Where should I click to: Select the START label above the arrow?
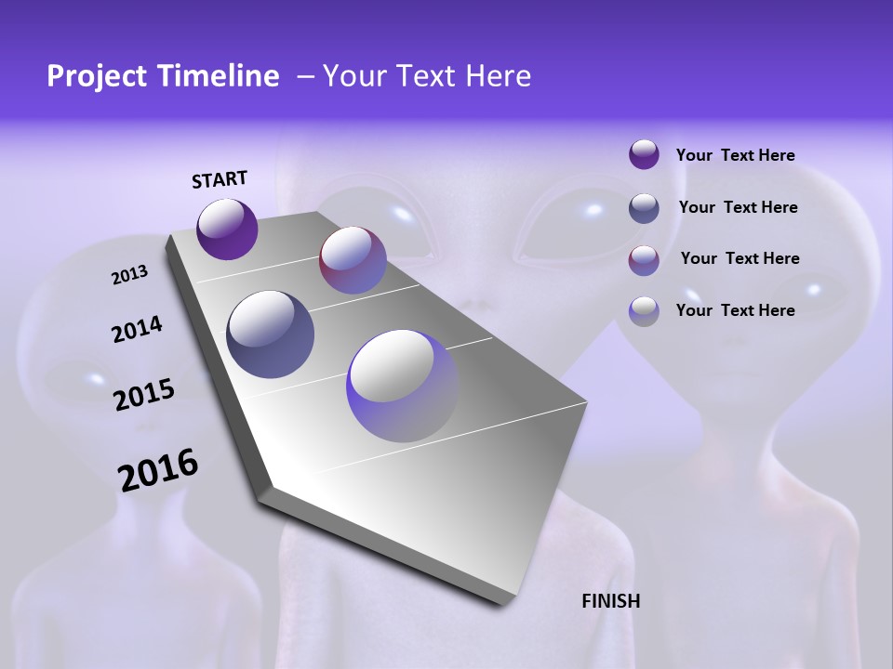(220, 179)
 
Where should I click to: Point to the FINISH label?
(611, 601)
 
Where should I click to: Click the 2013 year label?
(129, 275)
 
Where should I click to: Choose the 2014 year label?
(137, 330)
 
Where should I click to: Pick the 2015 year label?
(144, 395)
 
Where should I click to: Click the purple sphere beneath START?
(227, 229)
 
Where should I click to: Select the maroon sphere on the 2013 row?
(353, 260)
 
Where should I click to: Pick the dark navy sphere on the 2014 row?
(271, 334)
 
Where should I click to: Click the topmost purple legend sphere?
(644, 155)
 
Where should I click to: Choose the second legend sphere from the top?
(644, 208)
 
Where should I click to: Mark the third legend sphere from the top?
(644, 259)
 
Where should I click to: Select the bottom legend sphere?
(644, 310)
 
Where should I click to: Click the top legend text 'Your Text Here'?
(735, 155)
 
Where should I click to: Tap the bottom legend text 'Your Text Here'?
(735, 310)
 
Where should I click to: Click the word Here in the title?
(498, 76)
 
